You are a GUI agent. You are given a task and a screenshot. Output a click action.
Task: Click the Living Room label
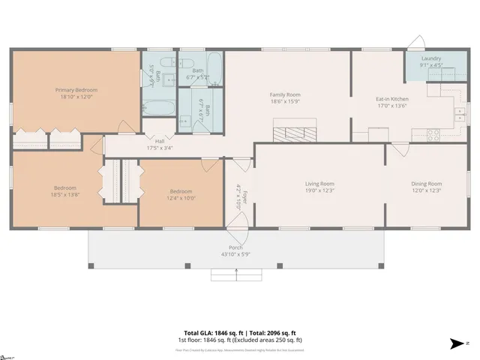319,184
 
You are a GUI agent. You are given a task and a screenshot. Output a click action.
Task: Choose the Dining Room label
426,184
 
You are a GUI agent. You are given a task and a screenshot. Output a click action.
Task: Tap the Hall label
159,141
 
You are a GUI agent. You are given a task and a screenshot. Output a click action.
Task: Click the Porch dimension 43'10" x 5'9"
235,254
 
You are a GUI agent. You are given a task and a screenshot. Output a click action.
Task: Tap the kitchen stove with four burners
433,135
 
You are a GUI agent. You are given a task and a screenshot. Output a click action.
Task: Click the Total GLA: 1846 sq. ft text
211,332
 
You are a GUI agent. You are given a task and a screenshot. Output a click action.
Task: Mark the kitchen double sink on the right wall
458,114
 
